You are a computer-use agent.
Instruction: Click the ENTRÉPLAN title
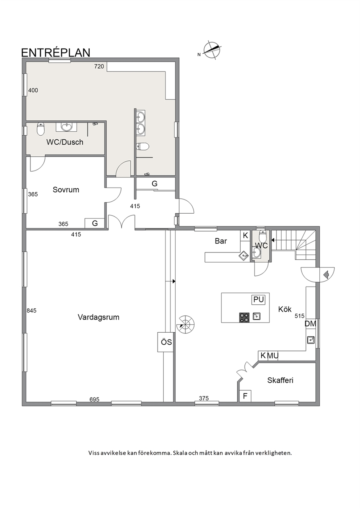pos(56,52)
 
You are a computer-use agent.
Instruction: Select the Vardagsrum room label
pos(98,317)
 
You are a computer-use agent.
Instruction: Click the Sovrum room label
pos(66,189)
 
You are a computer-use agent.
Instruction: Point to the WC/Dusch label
pos(65,142)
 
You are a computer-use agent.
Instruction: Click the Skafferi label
pos(280,380)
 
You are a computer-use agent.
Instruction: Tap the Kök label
pos(285,309)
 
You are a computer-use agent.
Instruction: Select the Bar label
pos(221,241)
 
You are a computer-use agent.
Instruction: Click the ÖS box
pos(166,342)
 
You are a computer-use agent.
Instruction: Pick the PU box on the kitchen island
pos(258,300)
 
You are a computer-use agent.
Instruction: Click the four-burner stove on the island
pos(244,317)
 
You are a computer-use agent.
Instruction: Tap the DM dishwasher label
pos(310,324)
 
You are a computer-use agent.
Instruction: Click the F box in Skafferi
pos(245,396)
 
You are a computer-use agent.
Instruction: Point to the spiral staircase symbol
pos(185,324)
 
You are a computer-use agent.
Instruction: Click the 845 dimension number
pos(31,311)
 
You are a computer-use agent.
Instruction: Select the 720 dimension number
pos(99,66)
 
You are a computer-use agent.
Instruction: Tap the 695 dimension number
pos(94,399)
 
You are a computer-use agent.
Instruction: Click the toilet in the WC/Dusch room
pos(40,129)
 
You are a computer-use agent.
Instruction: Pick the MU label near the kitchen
pos(273,356)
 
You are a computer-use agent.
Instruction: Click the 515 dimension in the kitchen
pos(299,316)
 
